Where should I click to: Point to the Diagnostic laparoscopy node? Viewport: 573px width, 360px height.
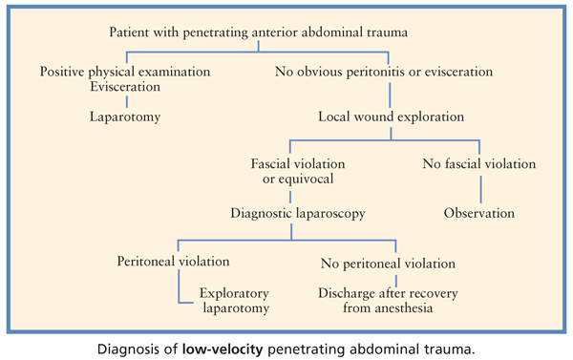tap(297, 212)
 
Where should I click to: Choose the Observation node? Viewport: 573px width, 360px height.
tap(478, 212)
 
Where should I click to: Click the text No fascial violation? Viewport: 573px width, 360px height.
tap(479, 164)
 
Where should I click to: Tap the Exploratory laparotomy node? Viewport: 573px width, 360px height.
tap(235, 300)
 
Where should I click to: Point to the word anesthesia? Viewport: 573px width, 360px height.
tap(415, 308)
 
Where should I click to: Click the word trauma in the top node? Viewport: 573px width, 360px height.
tap(387, 32)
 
